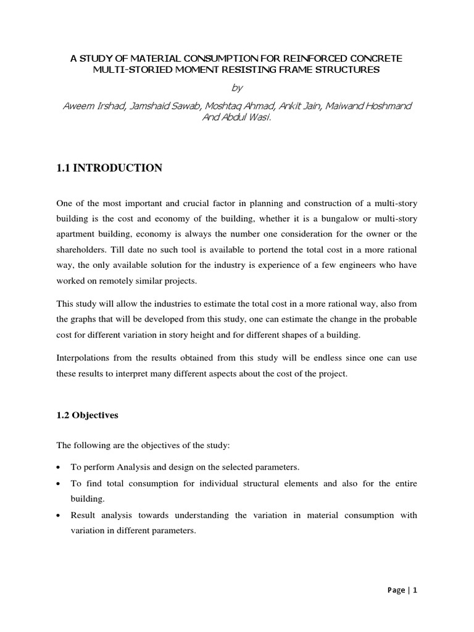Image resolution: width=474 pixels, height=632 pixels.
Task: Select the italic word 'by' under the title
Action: pyautogui.click(x=236, y=88)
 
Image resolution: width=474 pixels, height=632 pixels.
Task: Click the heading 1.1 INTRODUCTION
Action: pyautogui.click(x=109, y=168)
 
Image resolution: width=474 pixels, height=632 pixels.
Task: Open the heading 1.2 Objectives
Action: pyautogui.click(x=87, y=415)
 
